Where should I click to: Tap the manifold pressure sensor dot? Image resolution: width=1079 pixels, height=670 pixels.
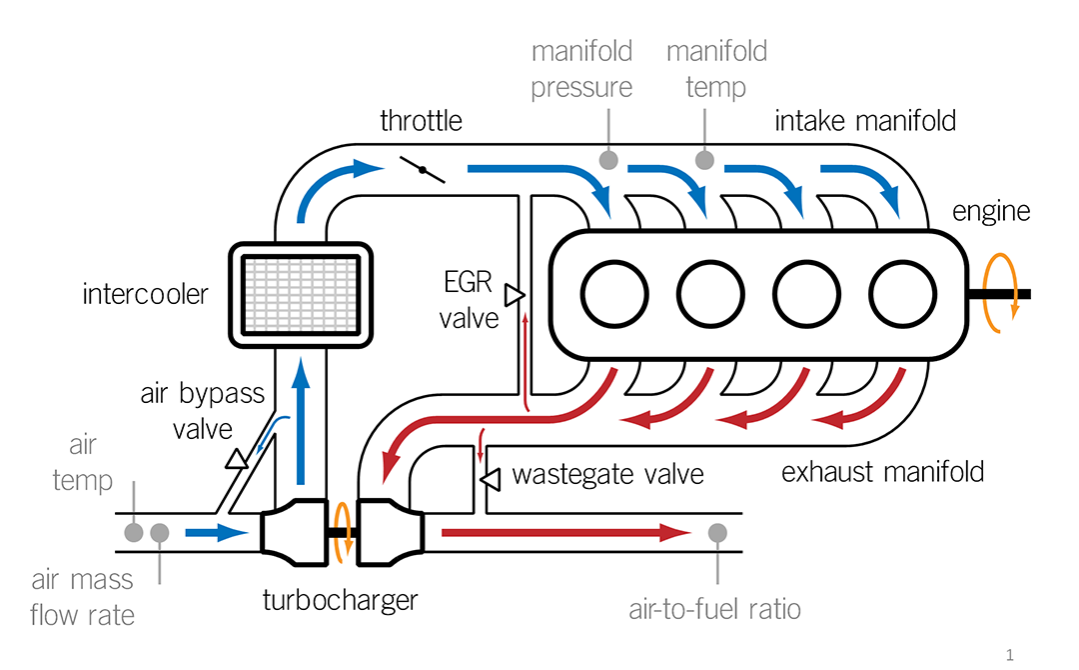coord(606,160)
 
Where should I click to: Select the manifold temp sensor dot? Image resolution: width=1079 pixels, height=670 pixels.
coord(705,160)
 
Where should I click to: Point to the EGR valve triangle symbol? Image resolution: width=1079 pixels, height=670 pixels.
coord(515,294)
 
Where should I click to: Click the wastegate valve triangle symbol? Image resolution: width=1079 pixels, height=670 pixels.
coord(491,481)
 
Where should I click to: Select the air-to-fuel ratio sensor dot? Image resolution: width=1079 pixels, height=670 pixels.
coord(717,533)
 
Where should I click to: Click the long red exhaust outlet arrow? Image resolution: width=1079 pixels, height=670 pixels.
coord(565,533)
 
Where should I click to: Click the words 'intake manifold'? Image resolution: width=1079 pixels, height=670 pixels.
coord(865,122)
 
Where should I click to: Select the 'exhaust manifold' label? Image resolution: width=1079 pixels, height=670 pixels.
coord(882,471)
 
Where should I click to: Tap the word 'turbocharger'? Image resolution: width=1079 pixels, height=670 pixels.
coord(340,600)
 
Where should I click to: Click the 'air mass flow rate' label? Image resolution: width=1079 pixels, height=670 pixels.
coord(82,598)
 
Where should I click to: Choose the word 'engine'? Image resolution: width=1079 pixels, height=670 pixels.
coord(991,212)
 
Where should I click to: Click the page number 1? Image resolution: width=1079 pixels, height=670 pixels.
coord(1011,655)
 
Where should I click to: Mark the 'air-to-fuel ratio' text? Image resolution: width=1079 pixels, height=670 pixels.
coord(715,608)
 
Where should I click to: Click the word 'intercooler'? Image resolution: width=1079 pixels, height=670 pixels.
coord(146,295)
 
